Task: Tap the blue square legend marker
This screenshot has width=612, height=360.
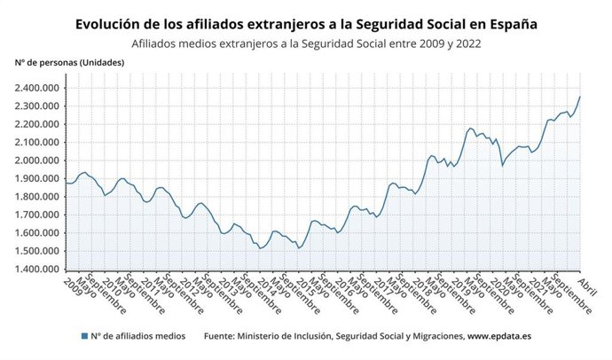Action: (x=83, y=336)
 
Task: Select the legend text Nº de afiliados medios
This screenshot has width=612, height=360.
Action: (x=137, y=336)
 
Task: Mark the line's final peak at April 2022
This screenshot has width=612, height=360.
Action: (x=580, y=97)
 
